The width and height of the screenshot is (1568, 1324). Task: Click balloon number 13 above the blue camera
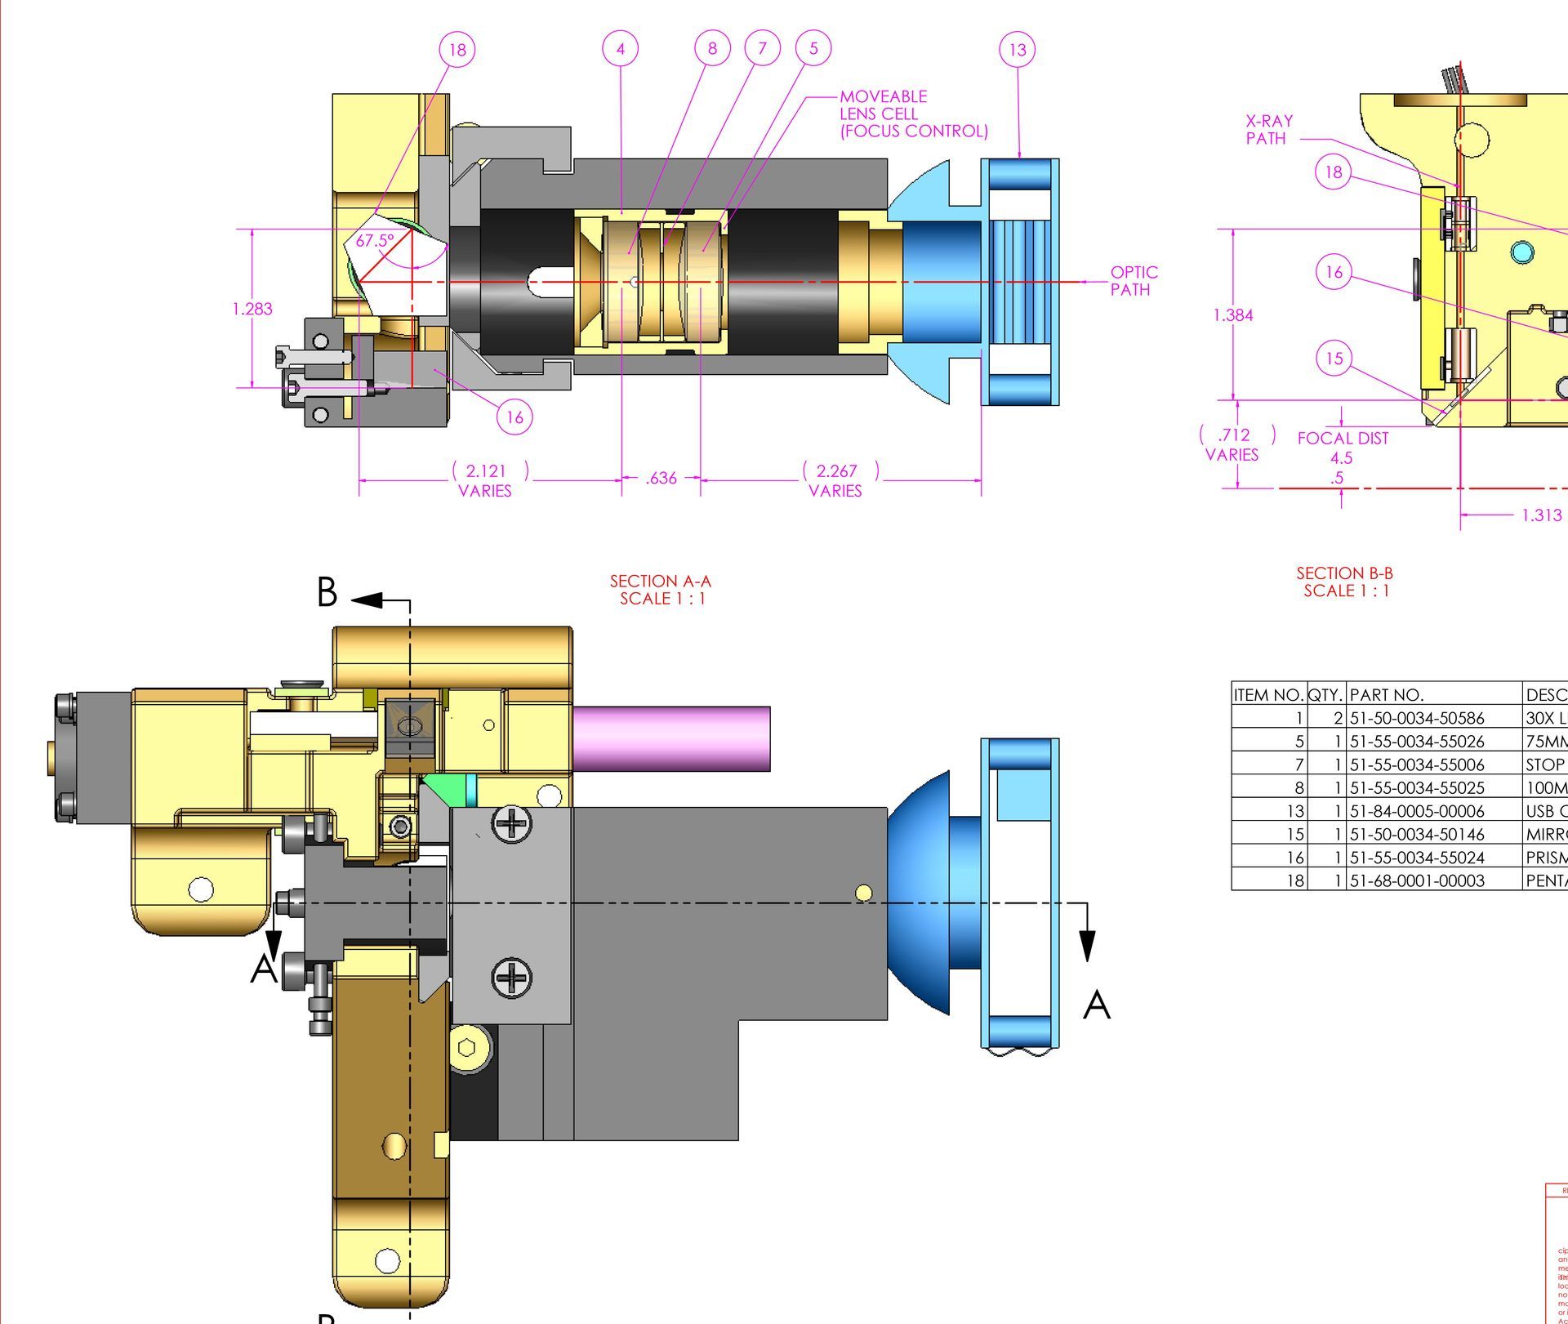tap(1017, 50)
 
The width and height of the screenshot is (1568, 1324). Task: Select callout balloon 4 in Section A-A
tap(621, 49)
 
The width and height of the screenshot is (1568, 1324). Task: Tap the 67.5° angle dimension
tap(375, 241)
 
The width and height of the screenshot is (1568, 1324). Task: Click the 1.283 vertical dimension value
tap(252, 309)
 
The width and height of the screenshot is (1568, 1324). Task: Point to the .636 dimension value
tap(661, 479)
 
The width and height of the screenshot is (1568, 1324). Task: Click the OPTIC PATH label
tap(1134, 281)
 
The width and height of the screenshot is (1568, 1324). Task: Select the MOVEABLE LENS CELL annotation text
tap(913, 114)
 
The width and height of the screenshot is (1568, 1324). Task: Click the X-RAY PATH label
tap(1269, 130)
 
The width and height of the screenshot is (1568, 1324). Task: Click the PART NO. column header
tap(1387, 695)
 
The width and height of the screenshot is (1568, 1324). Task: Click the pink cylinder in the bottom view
tap(671, 738)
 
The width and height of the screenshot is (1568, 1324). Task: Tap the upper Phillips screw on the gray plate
tap(512, 823)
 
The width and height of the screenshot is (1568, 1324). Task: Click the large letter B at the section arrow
tap(327, 592)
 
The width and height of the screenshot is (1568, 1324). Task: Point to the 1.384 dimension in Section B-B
tap(1233, 315)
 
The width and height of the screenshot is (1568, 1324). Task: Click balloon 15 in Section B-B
tap(1334, 359)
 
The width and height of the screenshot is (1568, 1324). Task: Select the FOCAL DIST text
tap(1343, 439)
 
